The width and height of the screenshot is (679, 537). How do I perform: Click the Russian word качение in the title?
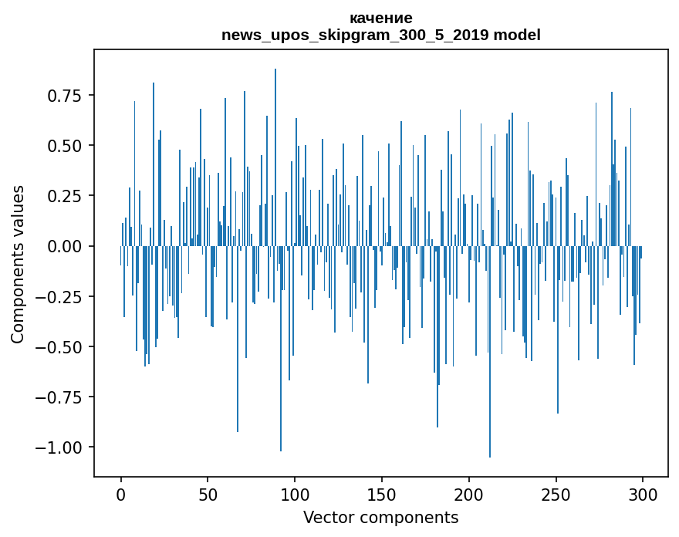(381, 18)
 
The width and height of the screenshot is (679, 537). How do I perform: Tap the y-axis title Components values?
(18, 264)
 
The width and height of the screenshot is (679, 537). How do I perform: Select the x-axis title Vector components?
(381, 517)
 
